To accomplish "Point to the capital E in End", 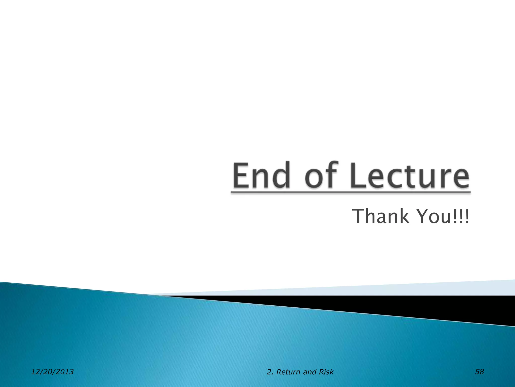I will click(241, 175).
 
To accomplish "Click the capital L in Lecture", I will click(357, 175).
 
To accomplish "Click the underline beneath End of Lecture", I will click(351, 192).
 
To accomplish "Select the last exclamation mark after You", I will click(467, 217).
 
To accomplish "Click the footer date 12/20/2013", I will click(52, 372).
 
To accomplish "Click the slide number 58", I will click(479, 372).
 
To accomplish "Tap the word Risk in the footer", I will click(326, 372).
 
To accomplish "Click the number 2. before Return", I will click(270, 372).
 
